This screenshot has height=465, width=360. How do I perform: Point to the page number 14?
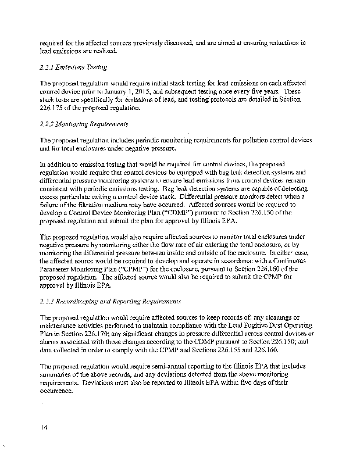point(44,428)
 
